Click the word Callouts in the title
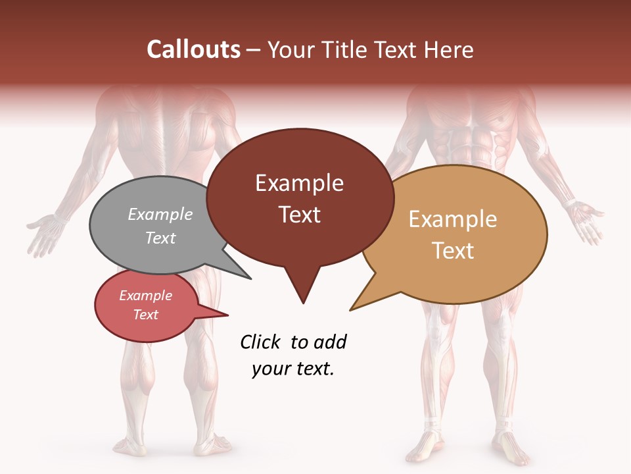coord(193,49)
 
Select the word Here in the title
coord(449,49)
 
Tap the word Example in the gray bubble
coord(160,214)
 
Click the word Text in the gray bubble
coord(160,238)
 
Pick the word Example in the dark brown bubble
coord(299,183)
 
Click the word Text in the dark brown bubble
coord(299,215)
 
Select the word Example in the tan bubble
coord(453,219)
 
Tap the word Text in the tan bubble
coord(453,251)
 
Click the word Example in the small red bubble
coord(145,296)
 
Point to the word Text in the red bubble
coord(145,315)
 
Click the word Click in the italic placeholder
coord(261,342)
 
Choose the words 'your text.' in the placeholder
coord(293,369)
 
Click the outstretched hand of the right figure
coord(587,221)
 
